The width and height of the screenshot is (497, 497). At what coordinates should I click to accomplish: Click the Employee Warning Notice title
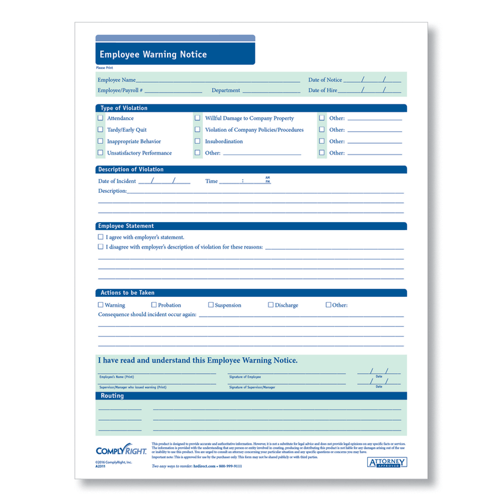click(x=153, y=54)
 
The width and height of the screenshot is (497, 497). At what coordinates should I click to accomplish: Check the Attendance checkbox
click(x=101, y=118)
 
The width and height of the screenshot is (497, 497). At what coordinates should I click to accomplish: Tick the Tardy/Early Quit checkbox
click(x=101, y=130)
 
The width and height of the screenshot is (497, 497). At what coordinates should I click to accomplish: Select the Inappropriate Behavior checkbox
click(x=101, y=141)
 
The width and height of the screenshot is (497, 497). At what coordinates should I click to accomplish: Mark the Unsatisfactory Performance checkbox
click(x=101, y=153)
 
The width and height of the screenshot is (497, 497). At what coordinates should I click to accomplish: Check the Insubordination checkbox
click(x=197, y=141)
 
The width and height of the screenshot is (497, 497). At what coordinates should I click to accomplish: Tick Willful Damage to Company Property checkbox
click(x=197, y=118)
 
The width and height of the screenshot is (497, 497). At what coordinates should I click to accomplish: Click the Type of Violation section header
click(x=124, y=108)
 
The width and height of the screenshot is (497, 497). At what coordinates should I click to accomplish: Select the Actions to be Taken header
click(x=128, y=292)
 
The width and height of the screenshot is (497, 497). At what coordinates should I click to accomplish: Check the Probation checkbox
click(x=154, y=305)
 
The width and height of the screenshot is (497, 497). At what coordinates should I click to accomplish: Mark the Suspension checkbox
click(x=211, y=305)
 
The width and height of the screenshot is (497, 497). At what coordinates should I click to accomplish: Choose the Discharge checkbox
click(x=270, y=305)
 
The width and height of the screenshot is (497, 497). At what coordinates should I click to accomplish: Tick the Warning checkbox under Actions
click(x=101, y=305)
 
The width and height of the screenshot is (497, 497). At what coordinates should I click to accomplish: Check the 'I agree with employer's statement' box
click(x=101, y=237)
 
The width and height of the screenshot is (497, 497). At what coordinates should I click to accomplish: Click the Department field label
click(x=226, y=90)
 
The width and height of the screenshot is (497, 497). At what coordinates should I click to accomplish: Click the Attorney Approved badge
click(x=386, y=462)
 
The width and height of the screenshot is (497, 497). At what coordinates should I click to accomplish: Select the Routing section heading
click(x=112, y=396)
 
